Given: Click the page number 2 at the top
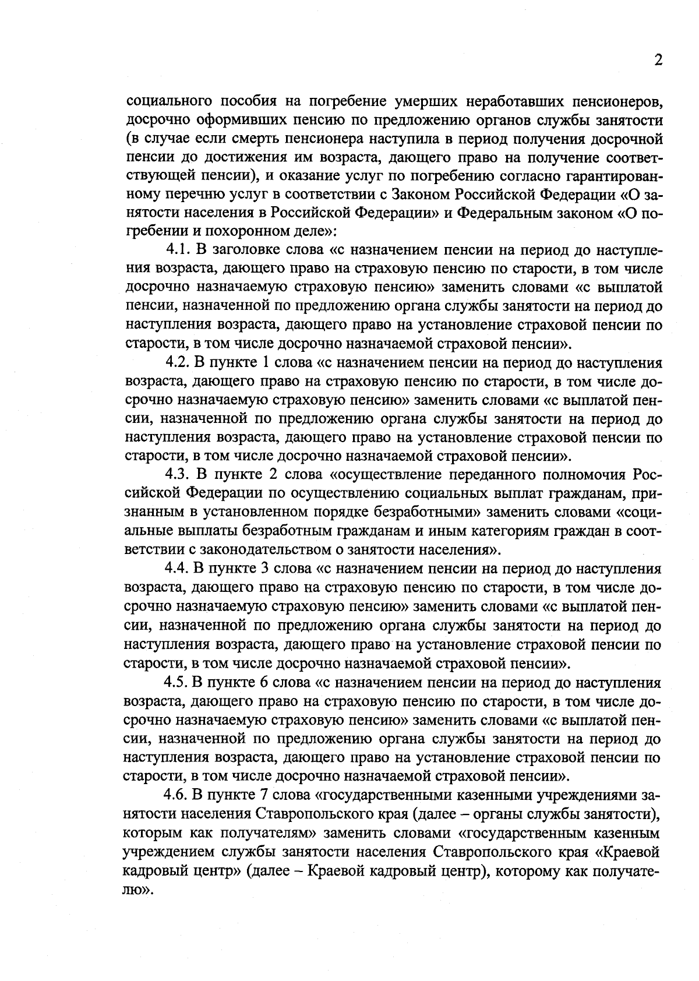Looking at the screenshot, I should [658, 61].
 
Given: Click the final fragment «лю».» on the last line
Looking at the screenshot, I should [139, 890].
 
